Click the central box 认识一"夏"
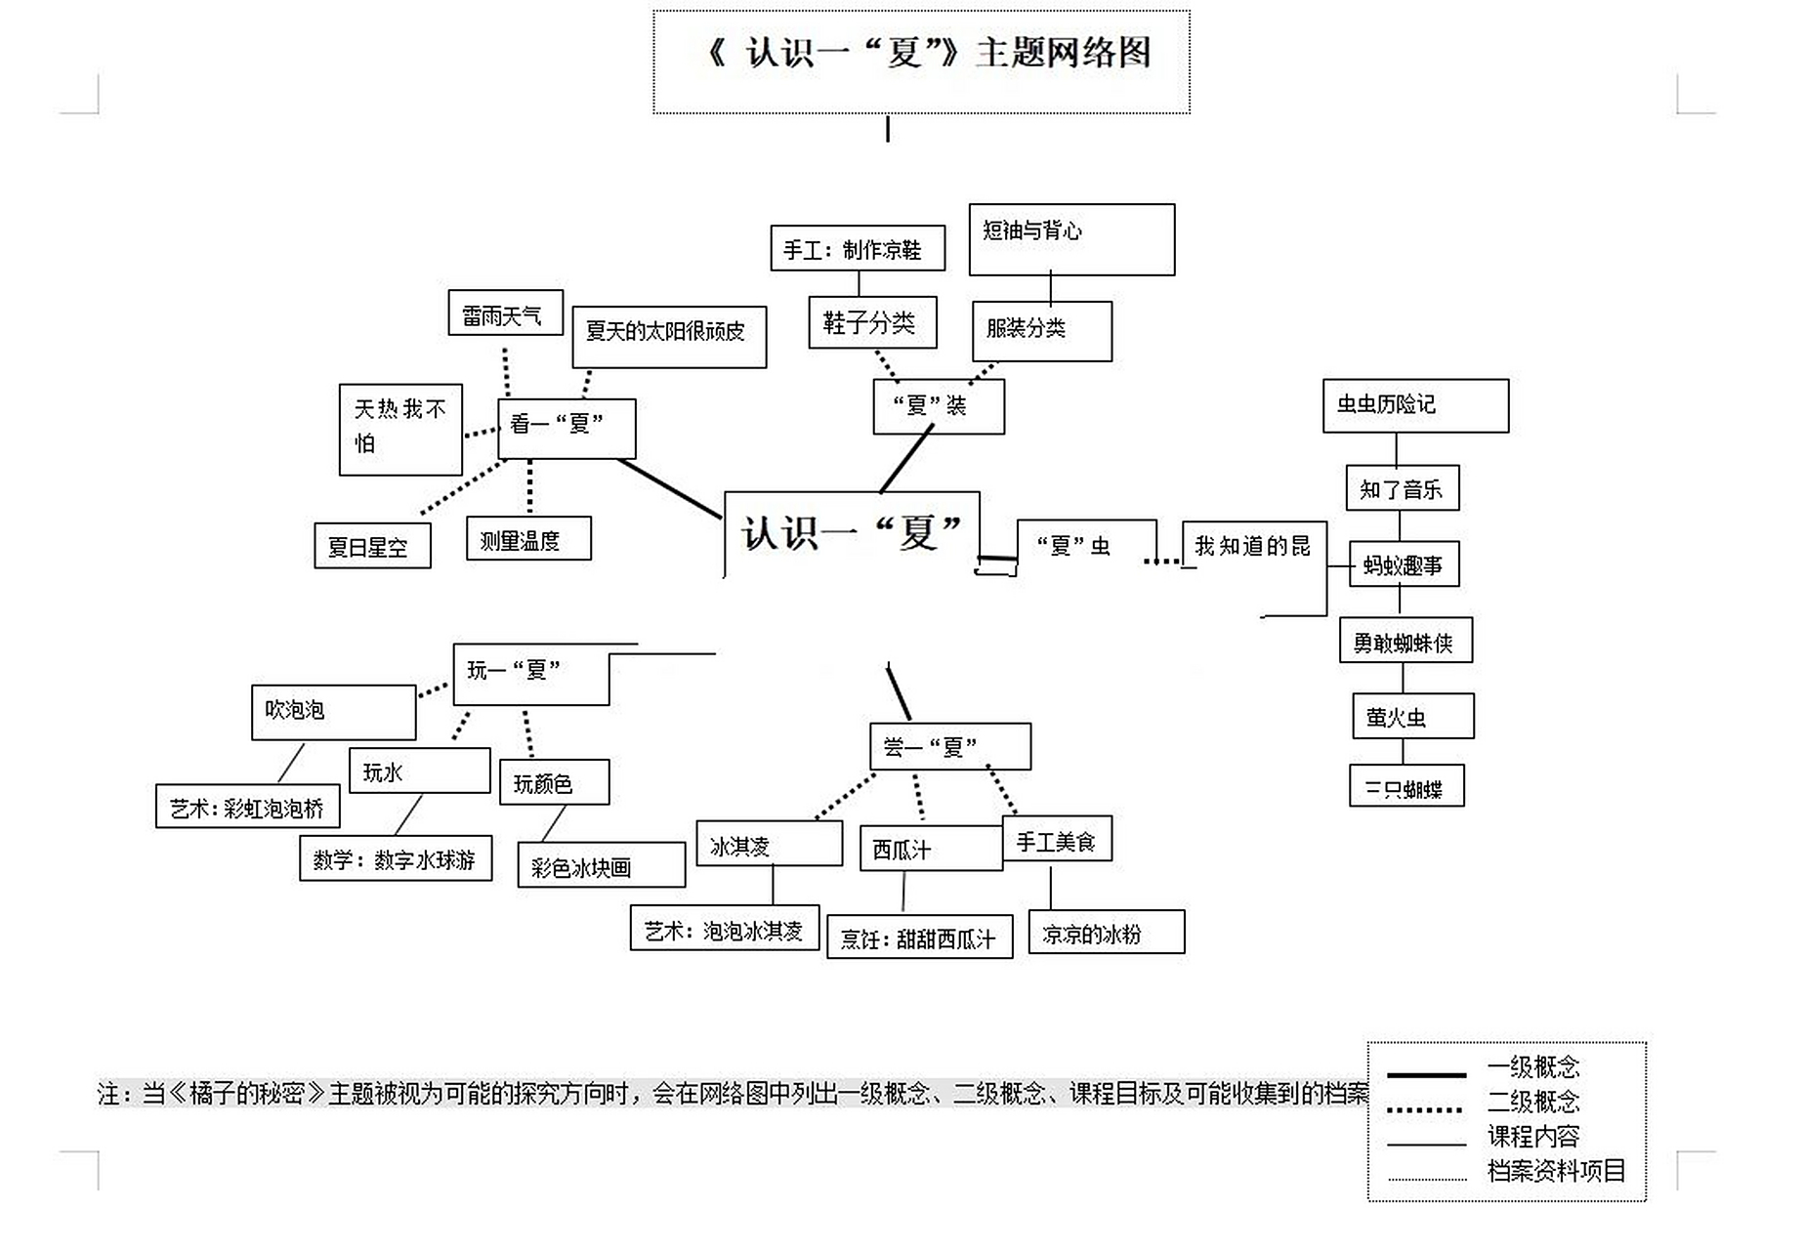[x=851, y=533]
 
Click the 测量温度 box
[x=528, y=538]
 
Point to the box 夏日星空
[x=372, y=546]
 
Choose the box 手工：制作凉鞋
[x=857, y=248]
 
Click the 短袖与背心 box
[x=1070, y=239]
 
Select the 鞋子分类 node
[x=871, y=322]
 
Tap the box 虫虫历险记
[x=1414, y=405]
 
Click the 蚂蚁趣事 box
[x=1404, y=563]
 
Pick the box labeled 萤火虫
[x=1411, y=716]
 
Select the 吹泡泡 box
[x=333, y=711]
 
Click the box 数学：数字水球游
[x=395, y=857]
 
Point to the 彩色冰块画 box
[x=601, y=865]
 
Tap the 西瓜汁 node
[x=930, y=848]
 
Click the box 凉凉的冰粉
[x=1106, y=932]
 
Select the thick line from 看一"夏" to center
[x=670, y=487]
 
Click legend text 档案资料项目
[x=1555, y=1170]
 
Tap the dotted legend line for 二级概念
[x=1425, y=1109]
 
